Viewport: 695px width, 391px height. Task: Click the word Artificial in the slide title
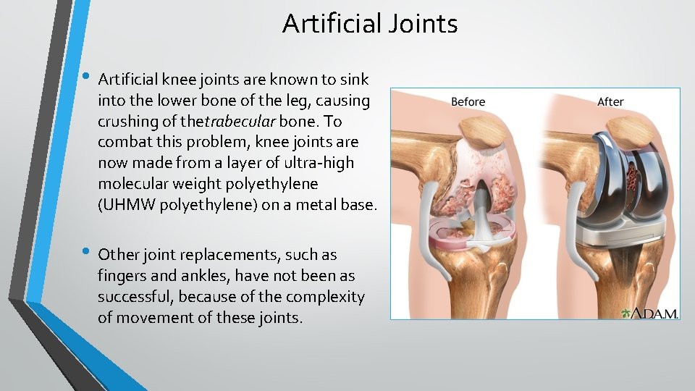tap(327, 24)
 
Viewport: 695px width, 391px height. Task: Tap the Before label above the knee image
tap(468, 101)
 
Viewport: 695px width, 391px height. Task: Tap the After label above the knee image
tap(610, 101)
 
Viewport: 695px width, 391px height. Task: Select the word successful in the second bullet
tap(133, 297)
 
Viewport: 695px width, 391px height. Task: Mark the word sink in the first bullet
tap(354, 79)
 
